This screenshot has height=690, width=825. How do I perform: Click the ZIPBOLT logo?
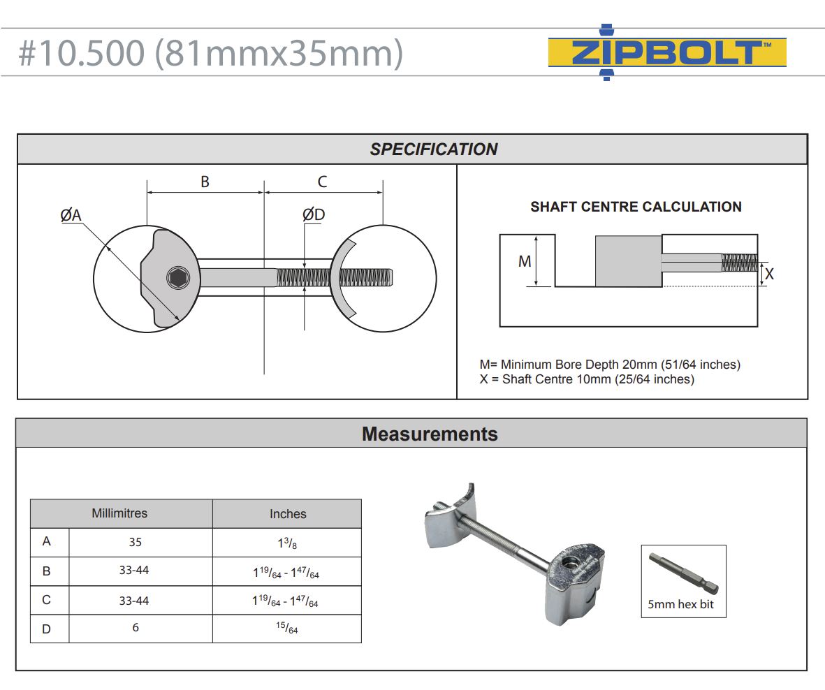coord(667,53)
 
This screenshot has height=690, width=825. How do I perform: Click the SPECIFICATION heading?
coord(433,149)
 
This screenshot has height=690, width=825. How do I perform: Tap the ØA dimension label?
coord(71,216)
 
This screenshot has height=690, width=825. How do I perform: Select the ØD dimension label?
coord(314,214)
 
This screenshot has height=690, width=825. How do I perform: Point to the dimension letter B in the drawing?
coord(205,182)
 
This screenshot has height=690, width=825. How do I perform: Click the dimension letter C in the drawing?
coord(322,182)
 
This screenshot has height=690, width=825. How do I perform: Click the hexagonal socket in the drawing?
coord(178,278)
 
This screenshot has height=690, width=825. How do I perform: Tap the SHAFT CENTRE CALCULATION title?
coord(636,207)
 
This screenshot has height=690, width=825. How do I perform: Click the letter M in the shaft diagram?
coord(525,261)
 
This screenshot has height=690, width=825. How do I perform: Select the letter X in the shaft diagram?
coord(769,274)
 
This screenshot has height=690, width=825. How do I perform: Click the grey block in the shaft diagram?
coord(628,261)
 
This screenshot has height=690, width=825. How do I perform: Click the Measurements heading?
coord(430,434)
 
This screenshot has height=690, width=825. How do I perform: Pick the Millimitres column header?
coord(119,513)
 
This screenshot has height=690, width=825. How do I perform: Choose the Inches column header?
coord(288,514)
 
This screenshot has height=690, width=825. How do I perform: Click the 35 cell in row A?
coord(136,541)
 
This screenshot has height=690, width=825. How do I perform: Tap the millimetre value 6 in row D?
coord(136,628)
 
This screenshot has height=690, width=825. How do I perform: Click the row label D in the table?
coord(46,629)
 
